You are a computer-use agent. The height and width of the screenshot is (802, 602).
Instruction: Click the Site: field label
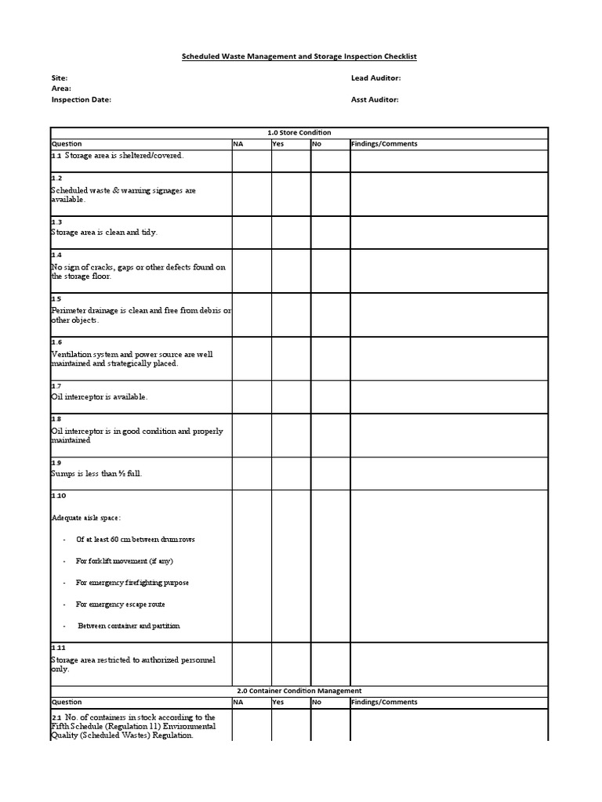pyautogui.click(x=60, y=78)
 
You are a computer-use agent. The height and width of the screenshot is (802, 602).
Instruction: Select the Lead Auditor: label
pyautogui.click(x=375, y=78)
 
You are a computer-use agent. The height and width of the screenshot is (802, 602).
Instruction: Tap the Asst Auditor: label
pyautogui.click(x=375, y=99)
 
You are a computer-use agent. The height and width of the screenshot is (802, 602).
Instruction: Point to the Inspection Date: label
pyautogui.click(x=82, y=99)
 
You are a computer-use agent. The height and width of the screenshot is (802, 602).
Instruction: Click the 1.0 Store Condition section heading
pyautogui.click(x=299, y=132)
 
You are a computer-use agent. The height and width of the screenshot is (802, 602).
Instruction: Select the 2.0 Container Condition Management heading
pyautogui.click(x=299, y=691)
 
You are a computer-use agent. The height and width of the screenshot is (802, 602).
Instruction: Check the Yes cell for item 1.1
pyautogui.click(x=291, y=161)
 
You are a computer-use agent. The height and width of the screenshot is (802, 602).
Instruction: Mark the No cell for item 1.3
pyautogui.click(x=330, y=233)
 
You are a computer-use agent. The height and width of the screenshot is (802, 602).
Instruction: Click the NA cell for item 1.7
pyautogui.click(x=251, y=397)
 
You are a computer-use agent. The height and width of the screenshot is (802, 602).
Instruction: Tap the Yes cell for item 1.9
pyautogui.click(x=291, y=474)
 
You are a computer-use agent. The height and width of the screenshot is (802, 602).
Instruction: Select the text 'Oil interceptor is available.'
pyautogui.click(x=100, y=397)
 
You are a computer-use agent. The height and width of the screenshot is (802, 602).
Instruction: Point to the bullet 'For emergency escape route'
pyautogui.click(x=120, y=605)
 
